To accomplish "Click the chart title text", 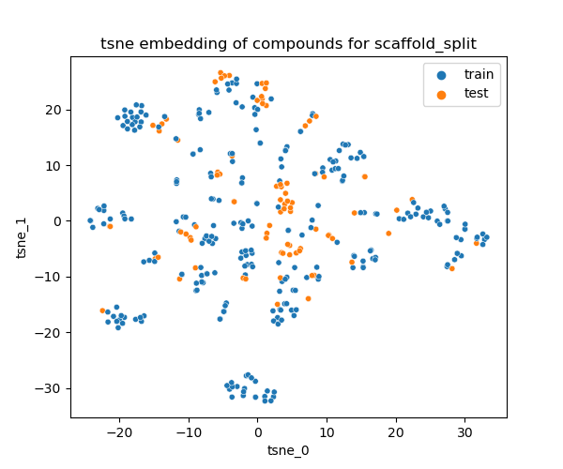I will [x=288, y=43].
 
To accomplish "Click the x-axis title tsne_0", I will [x=288, y=450].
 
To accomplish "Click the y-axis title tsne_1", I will [x=22, y=237].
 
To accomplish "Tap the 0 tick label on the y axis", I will [x=58, y=221].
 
